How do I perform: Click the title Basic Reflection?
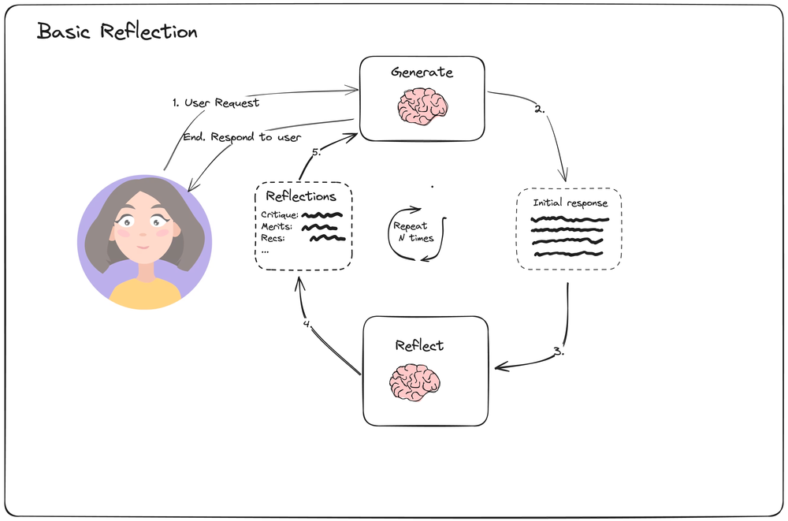point(117,32)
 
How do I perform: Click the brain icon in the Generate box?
point(422,106)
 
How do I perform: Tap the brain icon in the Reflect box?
point(414,382)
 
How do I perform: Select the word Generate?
point(422,73)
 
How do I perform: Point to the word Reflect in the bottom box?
point(419,345)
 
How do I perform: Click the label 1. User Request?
point(215,102)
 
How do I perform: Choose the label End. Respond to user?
point(242,137)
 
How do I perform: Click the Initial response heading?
point(570,203)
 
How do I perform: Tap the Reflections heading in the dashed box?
point(301,196)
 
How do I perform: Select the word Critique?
point(279,214)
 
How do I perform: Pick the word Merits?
point(277,227)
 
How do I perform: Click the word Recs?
point(273,238)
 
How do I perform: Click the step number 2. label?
point(540,110)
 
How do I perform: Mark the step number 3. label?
point(558,352)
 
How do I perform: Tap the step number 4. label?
point(308,323)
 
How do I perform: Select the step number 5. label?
point(315,153)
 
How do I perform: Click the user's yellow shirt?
point(145,293)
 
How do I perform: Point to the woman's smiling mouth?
point(143,247)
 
